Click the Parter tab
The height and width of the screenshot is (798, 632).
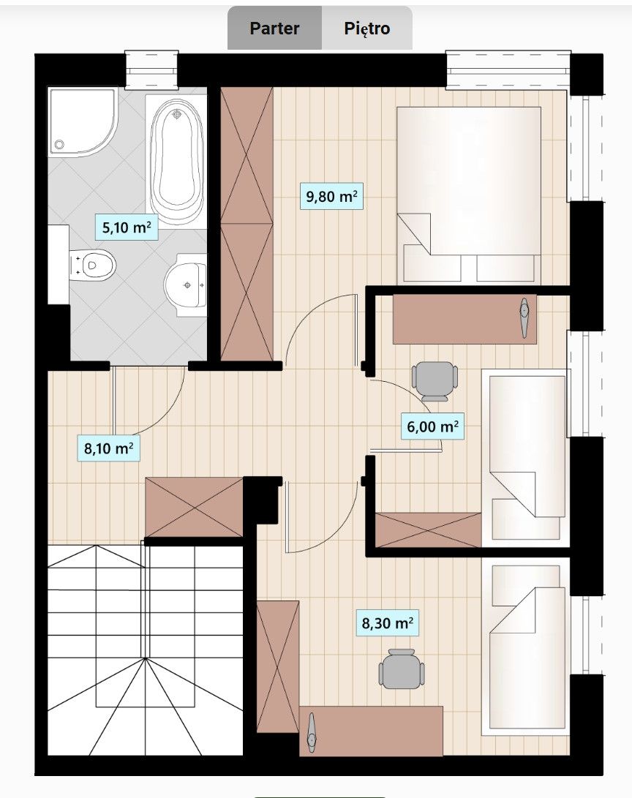(274, 28)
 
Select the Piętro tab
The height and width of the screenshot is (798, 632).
(367, 28)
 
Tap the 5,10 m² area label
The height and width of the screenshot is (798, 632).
(127, 227)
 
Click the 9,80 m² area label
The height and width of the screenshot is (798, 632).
(331, 196)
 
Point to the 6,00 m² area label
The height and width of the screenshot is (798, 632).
(432, 426)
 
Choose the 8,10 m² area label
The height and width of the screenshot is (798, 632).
(108, 448)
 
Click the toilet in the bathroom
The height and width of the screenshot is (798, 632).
(92, 266)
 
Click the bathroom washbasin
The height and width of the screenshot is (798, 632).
(185, 285)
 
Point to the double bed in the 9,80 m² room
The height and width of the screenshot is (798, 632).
(469, 194)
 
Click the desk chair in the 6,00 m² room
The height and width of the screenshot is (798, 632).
(434, 381)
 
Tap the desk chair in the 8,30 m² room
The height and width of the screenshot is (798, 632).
(402, 669)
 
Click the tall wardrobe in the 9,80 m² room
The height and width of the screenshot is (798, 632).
(247, 224)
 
